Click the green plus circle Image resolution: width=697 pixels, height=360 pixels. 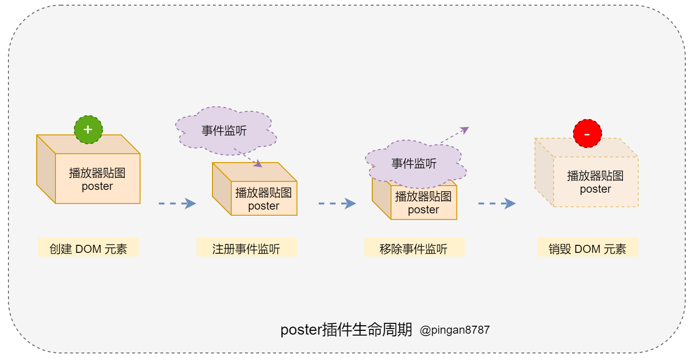tap(88, 129)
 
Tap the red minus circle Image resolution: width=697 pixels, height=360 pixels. tap(587, 133)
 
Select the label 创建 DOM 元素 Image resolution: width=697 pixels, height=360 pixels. tap(88, 249)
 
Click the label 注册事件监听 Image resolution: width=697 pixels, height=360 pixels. tap(246, 249)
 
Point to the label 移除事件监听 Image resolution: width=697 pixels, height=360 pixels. tap(414, 249)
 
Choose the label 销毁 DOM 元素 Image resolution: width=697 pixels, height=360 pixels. tap(587, 249)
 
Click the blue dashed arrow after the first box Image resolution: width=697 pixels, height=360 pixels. tap(177, 203)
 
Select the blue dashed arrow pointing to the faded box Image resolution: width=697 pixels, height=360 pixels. tap(497, 203)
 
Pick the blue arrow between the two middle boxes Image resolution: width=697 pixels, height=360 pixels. tap(337, 203)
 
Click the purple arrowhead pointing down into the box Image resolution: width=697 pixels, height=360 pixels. tap(257, 164)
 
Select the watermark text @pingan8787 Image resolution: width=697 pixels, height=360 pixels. tap(454, 330)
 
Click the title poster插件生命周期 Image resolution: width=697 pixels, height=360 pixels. tap(346, 330)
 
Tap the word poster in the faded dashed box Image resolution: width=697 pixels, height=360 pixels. tap(595, 189)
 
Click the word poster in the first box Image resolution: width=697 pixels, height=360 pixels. tap(97, 187)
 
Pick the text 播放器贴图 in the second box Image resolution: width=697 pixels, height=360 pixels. tap(264, 193)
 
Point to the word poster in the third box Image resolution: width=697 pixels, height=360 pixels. tap(423, 210)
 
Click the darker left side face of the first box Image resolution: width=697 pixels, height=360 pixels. tap(46, 169)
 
